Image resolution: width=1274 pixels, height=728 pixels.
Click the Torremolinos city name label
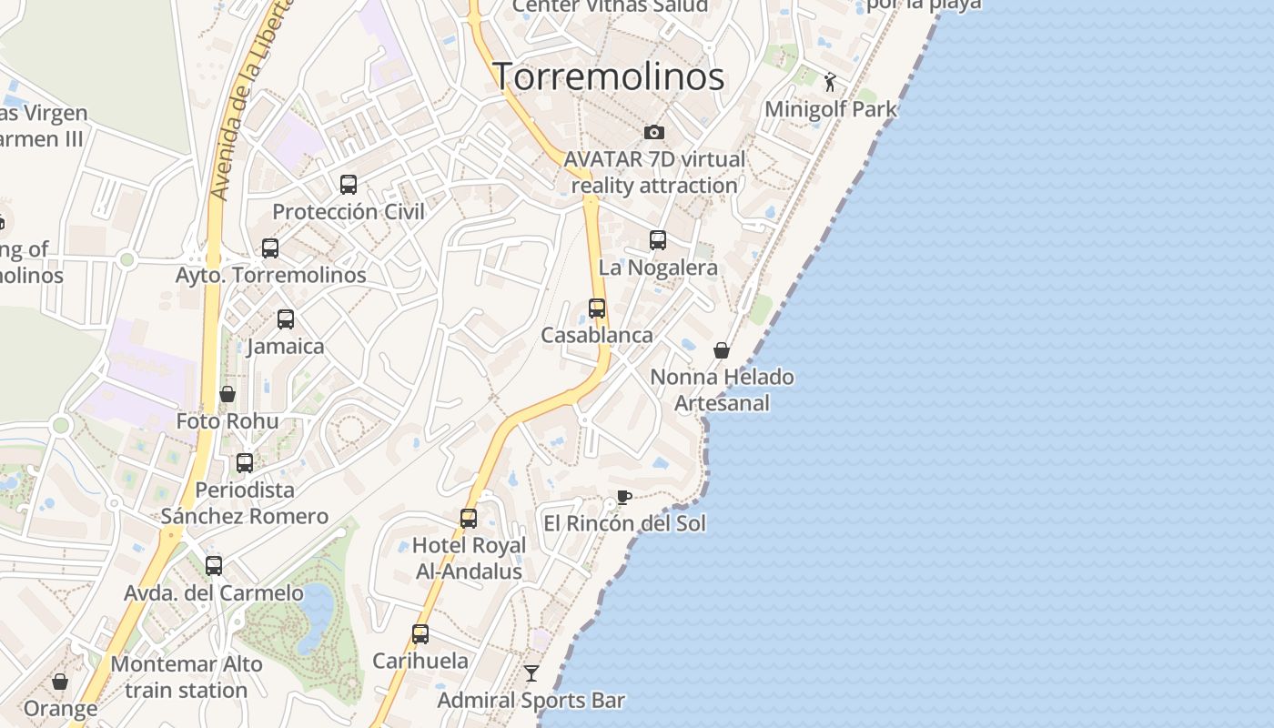608,76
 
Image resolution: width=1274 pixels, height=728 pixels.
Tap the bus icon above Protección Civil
349,185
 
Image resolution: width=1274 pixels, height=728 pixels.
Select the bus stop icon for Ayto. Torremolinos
270,248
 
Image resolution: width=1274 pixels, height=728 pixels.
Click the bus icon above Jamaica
286,319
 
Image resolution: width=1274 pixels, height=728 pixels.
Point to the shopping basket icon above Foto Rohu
227,394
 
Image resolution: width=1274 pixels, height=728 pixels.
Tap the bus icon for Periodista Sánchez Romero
245,463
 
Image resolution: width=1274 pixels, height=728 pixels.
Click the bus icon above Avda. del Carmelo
214,566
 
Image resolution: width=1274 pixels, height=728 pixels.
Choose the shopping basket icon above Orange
60,682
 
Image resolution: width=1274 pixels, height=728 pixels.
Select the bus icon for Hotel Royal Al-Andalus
469,519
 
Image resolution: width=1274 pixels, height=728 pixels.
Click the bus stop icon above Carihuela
420,634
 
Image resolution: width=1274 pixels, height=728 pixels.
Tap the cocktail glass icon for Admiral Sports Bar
531,673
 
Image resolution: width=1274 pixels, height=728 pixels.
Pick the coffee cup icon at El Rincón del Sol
623,497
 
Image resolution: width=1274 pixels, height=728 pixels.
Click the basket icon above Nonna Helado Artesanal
722,350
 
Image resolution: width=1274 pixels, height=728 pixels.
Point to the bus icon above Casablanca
597,308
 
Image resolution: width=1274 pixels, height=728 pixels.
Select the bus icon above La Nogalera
658,240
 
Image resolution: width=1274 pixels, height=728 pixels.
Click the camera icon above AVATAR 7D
653,133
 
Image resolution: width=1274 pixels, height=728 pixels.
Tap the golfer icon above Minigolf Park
830,83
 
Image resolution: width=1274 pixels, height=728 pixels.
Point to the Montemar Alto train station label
187,677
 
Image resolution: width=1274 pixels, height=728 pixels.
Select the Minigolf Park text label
831,109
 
